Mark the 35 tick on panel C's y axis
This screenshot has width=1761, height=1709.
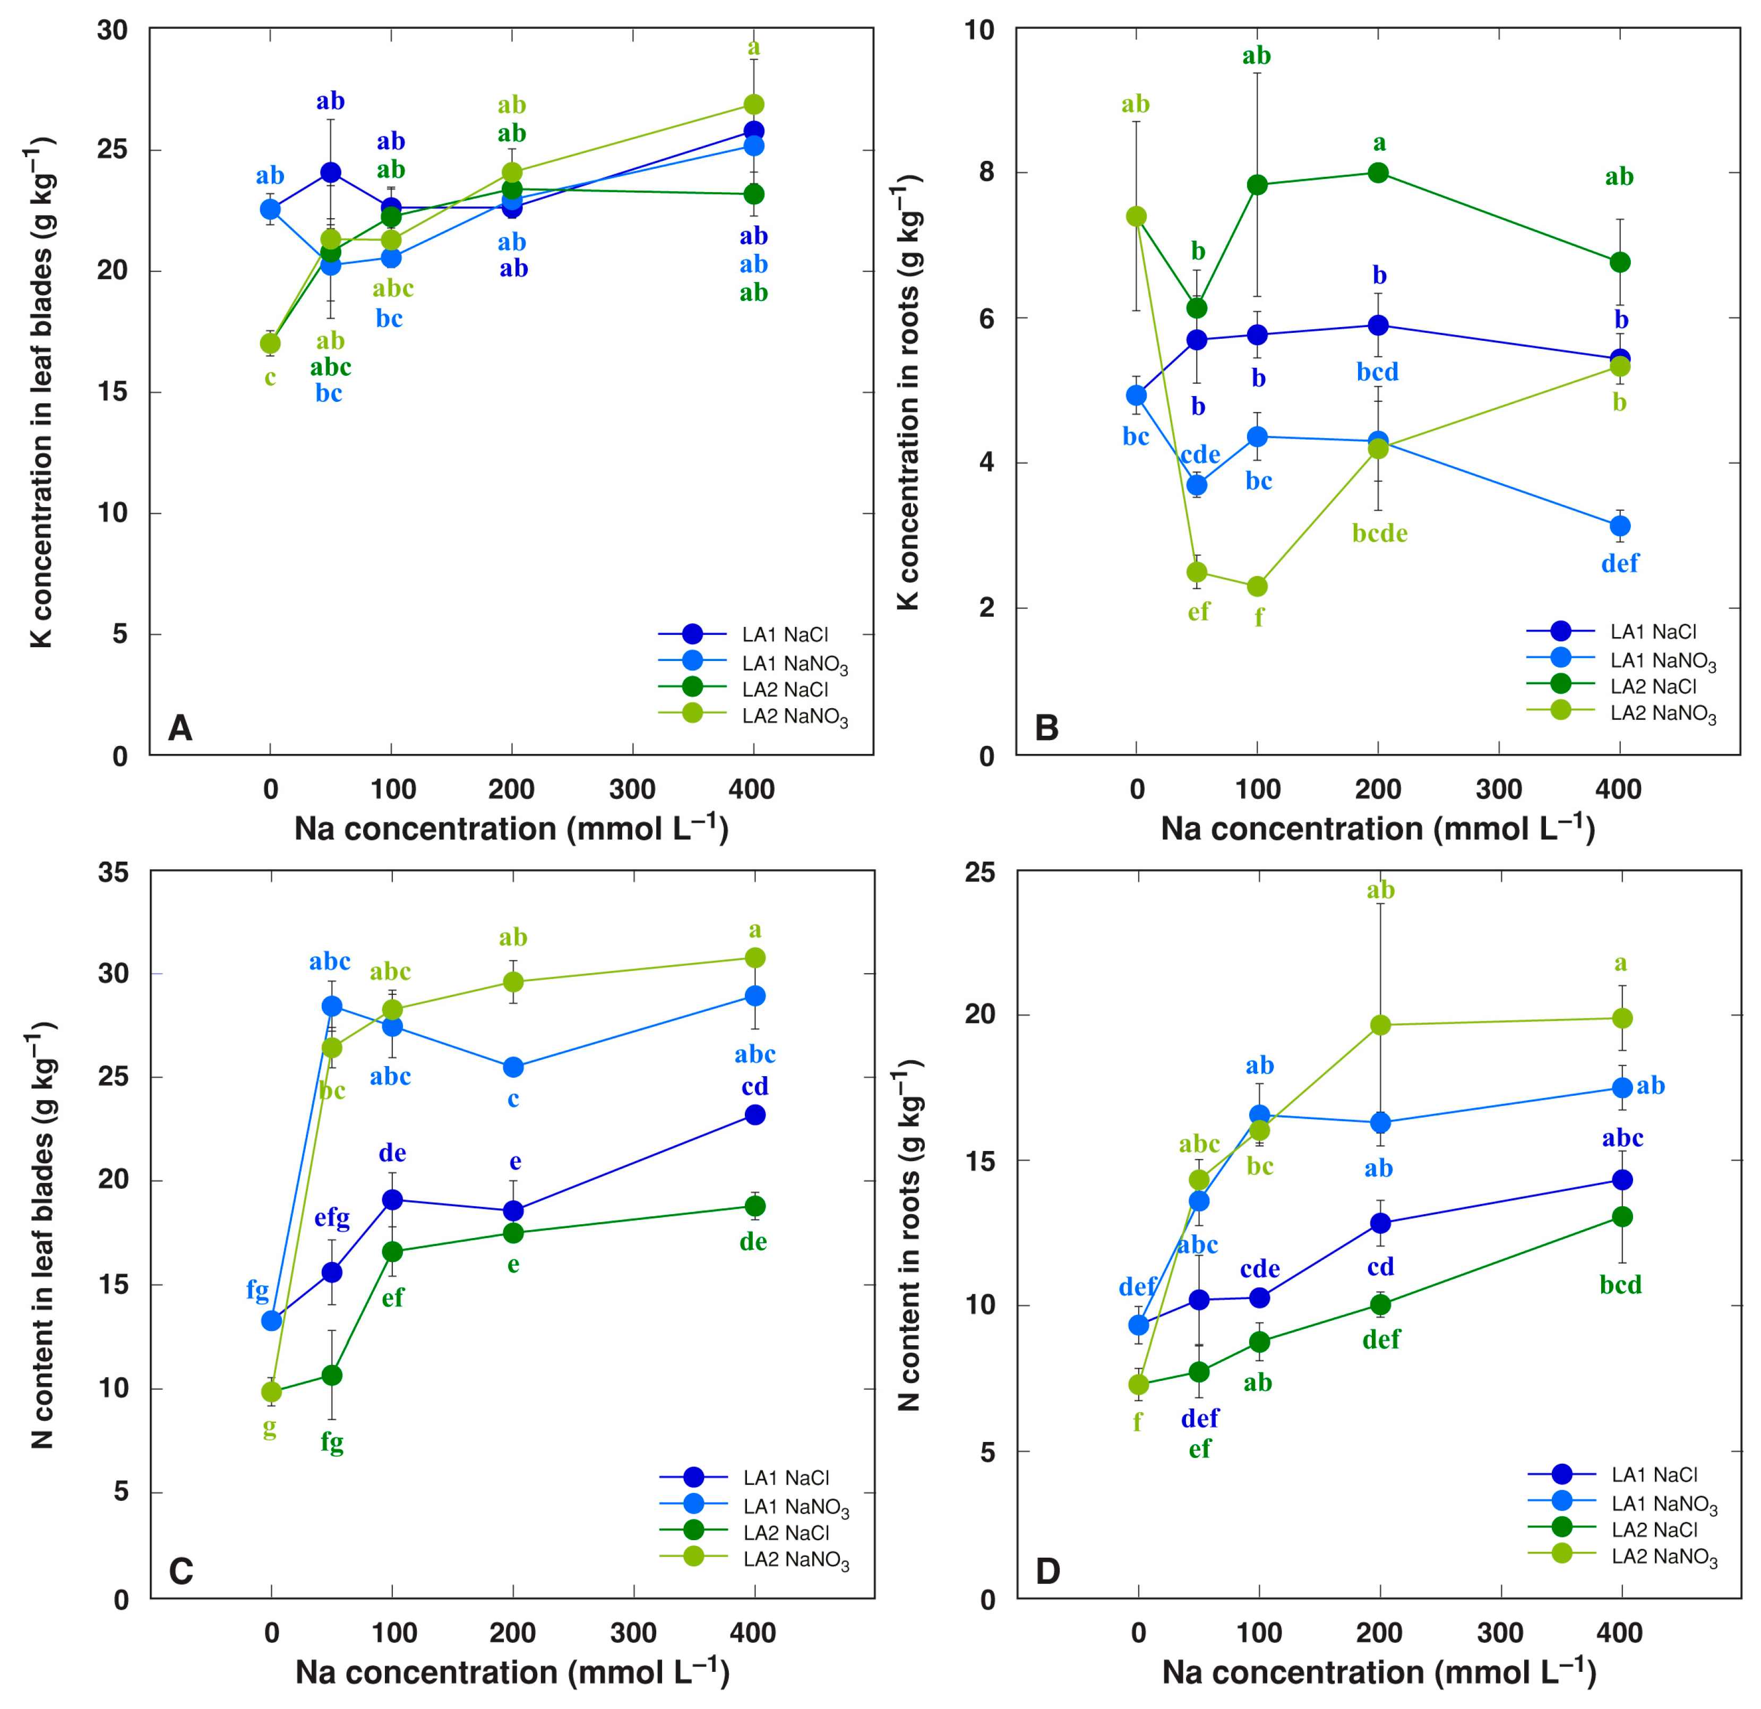pyautogui.click(x=113, y=872)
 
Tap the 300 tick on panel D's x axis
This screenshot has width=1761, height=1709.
pyautogui.click(x=1500, y=1633)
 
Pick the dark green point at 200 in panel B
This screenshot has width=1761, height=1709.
pyautogui.click(x=1378, y=173)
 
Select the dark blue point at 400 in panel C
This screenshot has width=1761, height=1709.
pyautogui.click(x=755, y=1115)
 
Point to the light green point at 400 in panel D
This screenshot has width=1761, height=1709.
pyautogui.click(x=1622, y=1018)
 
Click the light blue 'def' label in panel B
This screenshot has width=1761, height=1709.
pyautogui.click(x=1620, y=563)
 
